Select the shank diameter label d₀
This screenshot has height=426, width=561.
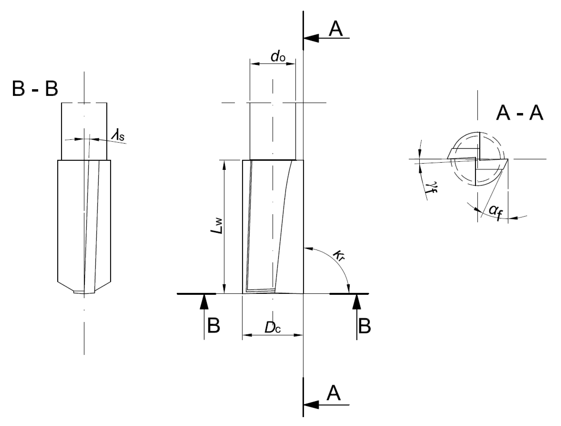click(x=278, y=57)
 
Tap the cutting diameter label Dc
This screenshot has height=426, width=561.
click(x=273, y=328)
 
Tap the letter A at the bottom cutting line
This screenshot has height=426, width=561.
click(x=333, y=393)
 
